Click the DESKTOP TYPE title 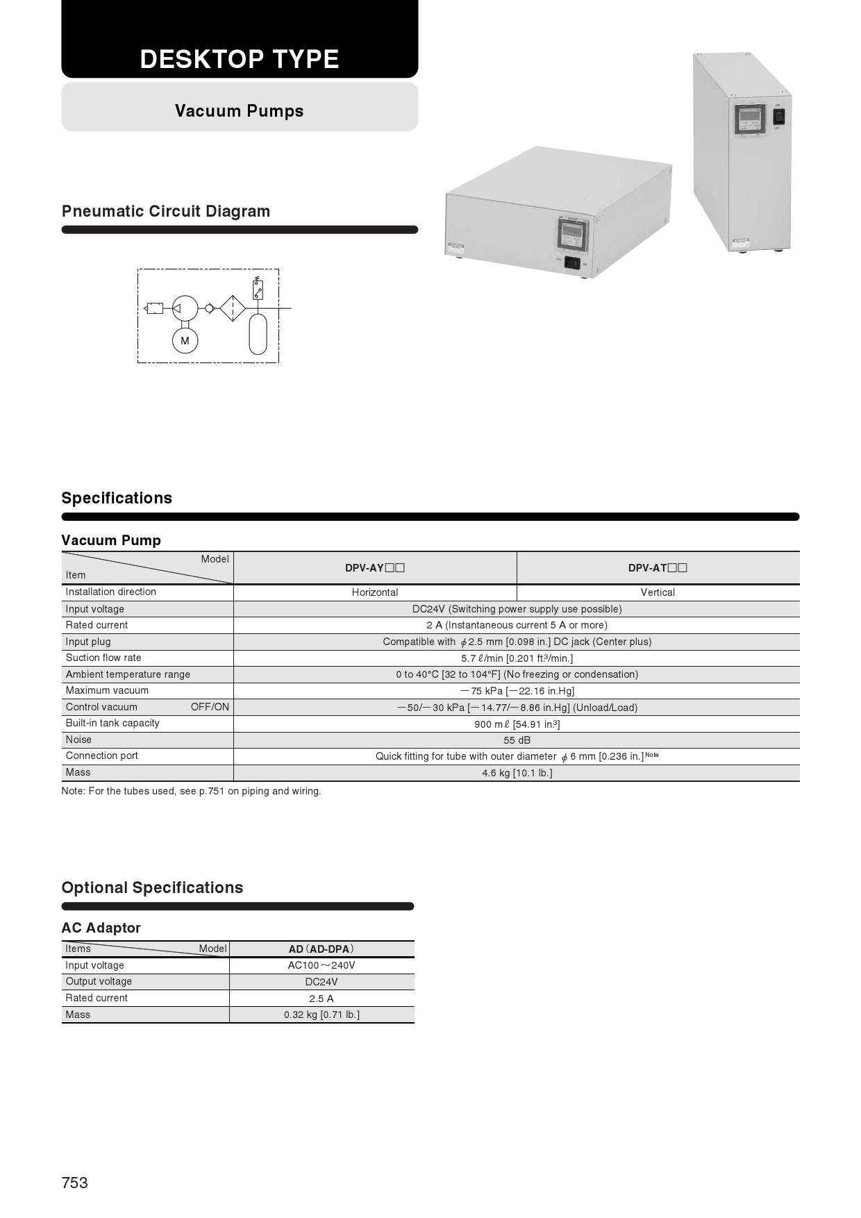pos(240,60)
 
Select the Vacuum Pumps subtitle pos(240,111)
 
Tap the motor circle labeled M pos(185,341)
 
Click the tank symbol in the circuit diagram pos(258,334)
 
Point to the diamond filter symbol pos(233,308)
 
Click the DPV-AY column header pos(375,568)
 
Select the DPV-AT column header pos(658,568)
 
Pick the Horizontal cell pos(375,592)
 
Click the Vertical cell pos(658,592)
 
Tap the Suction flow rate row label pos(103,658)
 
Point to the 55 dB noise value pos(517,740)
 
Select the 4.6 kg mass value pos(517,773)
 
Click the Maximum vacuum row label pos(107,690)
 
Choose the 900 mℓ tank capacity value pos(517,724)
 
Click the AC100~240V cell pos(321,965)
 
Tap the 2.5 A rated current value pos(321,999)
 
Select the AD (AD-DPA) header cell pos(321,949)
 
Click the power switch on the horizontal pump pos(572,262)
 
